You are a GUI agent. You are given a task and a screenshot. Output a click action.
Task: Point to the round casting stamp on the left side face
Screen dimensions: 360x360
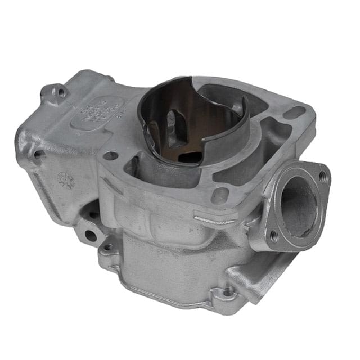tap(66, 180)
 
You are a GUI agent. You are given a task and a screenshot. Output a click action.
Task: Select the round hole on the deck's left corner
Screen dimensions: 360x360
tap(111, 156)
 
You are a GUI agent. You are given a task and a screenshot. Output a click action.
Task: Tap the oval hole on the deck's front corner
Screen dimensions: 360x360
tap(219, 196)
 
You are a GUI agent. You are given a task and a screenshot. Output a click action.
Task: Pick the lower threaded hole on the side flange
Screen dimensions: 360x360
tap(274, 237)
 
